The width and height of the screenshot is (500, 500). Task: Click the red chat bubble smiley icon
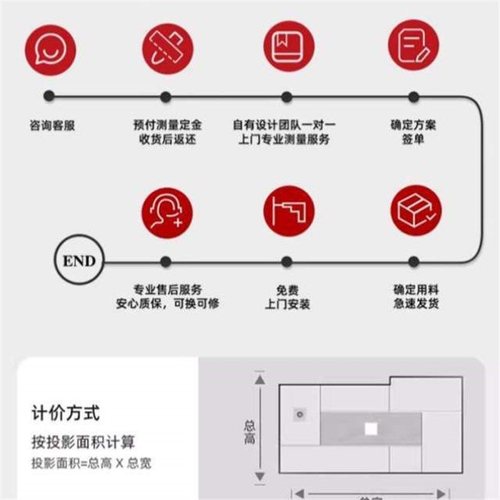[x=50, y=49]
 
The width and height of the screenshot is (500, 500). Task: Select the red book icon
[x=288, y=46]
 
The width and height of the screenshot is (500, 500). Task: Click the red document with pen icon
[x=413, y=45]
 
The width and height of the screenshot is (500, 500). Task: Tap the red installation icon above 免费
[x=288, y=211]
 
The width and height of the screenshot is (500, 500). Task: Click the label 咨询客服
[x=52, y=125]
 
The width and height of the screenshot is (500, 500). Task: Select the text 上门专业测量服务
[x=284, y=139]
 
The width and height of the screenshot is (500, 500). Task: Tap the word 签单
[x=413, y=139]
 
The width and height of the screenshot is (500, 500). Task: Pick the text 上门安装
[x=287, y=304]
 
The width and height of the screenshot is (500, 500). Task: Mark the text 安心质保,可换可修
[x=167, y=304]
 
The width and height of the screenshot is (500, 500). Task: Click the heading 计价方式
[x=66, y=412]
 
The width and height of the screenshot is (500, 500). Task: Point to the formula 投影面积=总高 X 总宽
[x=91, y=463]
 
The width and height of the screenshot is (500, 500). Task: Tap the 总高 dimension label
[x=249, y=431]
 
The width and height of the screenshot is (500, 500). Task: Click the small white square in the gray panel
[x=371, y=429]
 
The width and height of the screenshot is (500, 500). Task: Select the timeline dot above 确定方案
[x=413, y=97]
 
